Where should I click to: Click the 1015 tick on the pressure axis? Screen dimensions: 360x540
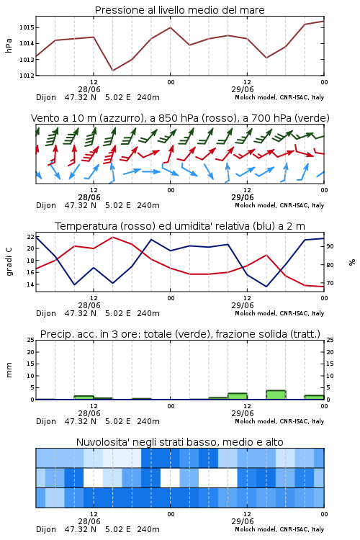(26, 27)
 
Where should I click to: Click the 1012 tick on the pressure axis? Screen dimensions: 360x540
(26, 76)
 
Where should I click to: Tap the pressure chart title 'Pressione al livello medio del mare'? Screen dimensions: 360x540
(180, 10)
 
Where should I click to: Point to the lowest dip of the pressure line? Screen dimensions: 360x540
(112, 71)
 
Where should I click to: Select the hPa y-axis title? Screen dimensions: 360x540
(9, 45)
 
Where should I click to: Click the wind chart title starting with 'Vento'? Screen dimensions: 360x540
(180, 118)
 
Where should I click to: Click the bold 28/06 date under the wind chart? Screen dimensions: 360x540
(89, 197)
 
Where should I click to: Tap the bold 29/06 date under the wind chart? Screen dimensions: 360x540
(243, 197)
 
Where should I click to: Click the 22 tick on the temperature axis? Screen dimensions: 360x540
(30, 237)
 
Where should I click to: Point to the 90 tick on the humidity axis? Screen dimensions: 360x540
(330, 246)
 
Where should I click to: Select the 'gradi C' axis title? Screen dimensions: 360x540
(9, 261)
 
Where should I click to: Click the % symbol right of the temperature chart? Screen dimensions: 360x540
(352, 262)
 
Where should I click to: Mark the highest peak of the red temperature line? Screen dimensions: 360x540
(112, 238)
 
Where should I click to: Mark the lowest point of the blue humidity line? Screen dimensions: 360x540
(266, 287)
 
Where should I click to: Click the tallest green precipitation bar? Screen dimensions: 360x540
(276, 395)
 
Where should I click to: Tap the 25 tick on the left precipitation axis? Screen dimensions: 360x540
(30, 340)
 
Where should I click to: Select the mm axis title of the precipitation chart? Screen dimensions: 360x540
(9, 369)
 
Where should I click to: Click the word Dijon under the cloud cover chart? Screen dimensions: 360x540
(46, 529)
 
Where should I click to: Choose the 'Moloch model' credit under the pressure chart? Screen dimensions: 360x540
(256, 97)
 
